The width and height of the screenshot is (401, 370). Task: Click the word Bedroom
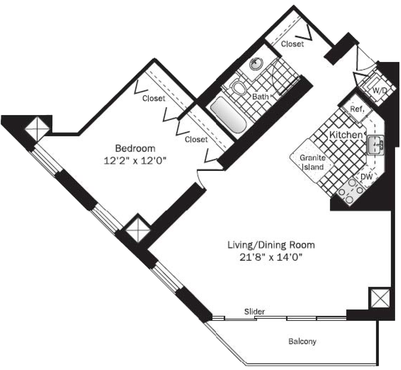135,148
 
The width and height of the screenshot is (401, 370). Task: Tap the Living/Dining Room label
271,245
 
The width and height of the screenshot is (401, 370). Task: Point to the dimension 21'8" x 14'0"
271,257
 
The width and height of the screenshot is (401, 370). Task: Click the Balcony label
302,341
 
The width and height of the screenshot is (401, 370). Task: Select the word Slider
254,312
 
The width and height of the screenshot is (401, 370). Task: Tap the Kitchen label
346,135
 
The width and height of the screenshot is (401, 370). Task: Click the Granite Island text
312,162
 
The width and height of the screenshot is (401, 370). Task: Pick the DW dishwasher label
366,177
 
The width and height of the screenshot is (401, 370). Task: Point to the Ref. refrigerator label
357,109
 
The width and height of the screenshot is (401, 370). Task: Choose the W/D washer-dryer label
379,91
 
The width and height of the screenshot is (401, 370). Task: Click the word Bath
260,96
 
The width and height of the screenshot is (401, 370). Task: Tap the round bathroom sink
256,64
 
